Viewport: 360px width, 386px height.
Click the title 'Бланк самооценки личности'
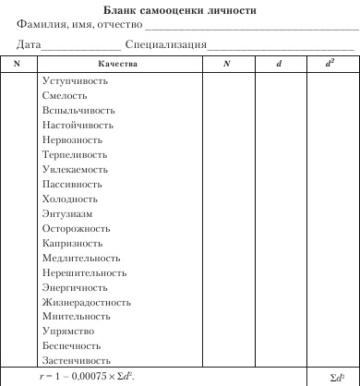pyautogui.click(x=180, y=8)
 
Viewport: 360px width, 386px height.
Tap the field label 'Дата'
pyautogui.click(x=29, y=44)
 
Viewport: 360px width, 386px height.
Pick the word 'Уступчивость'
pyautogui.click(x=75, y=80)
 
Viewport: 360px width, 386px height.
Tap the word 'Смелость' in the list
pyautogui.click(x=65, y=95)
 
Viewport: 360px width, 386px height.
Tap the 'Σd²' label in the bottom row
pyautogui.click(x=336, y=377)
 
